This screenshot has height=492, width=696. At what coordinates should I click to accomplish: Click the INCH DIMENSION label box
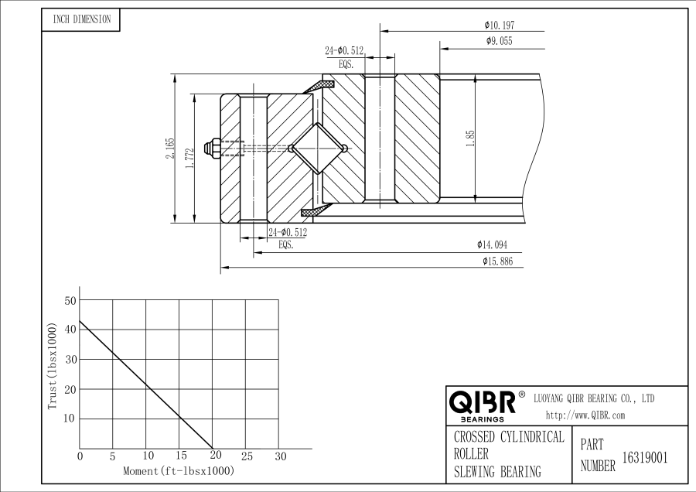pos(81,20)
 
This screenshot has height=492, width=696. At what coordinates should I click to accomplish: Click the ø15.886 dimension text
pos(497,261)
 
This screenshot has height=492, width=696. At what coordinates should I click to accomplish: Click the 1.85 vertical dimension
pos(470,138)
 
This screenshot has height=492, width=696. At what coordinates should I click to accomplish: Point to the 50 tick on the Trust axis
pos(71,299)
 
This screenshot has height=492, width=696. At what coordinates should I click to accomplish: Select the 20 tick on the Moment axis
pos(214,456)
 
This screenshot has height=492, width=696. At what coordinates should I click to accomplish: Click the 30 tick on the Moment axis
pos(281,456)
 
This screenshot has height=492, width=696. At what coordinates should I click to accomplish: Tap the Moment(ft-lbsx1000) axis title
pos(179,470)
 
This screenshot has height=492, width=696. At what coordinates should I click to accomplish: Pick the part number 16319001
pos(645,458)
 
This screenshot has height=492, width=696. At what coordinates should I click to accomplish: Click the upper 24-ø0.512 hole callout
pos(344,51)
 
